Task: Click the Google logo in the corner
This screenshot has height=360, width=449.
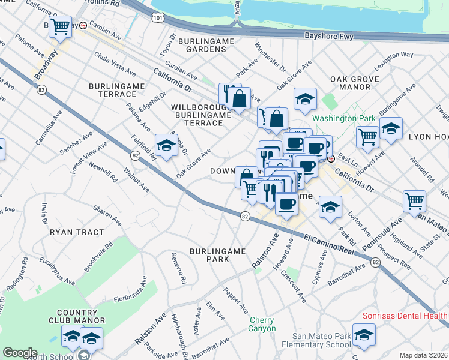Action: [20, 353]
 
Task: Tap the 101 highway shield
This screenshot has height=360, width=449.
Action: [157, 19]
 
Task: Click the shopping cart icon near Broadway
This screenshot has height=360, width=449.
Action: [60, 26]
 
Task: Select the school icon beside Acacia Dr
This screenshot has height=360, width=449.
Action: [166, 145]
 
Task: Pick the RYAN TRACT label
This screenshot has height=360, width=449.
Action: [77, 232]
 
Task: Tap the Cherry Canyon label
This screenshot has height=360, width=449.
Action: [262, 324]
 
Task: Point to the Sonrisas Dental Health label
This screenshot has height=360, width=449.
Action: [405, 316]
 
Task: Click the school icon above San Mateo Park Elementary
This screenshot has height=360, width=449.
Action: [364, 335]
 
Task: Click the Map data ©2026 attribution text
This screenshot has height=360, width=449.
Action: [424, 355]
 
